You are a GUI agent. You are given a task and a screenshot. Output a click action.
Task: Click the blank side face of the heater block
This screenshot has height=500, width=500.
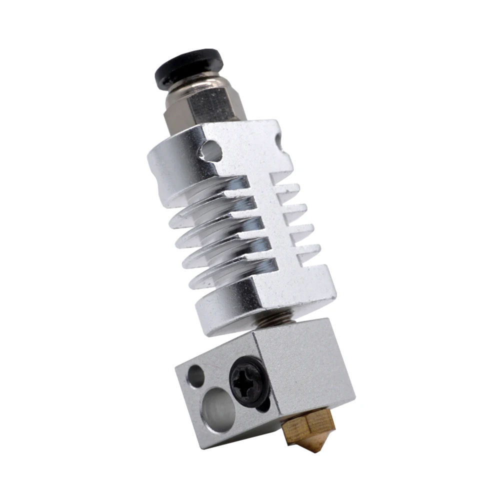305,370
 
